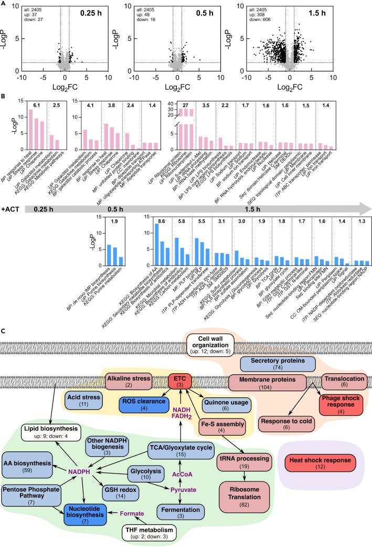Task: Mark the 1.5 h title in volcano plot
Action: pyautogui.click(x=338, y=12)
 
